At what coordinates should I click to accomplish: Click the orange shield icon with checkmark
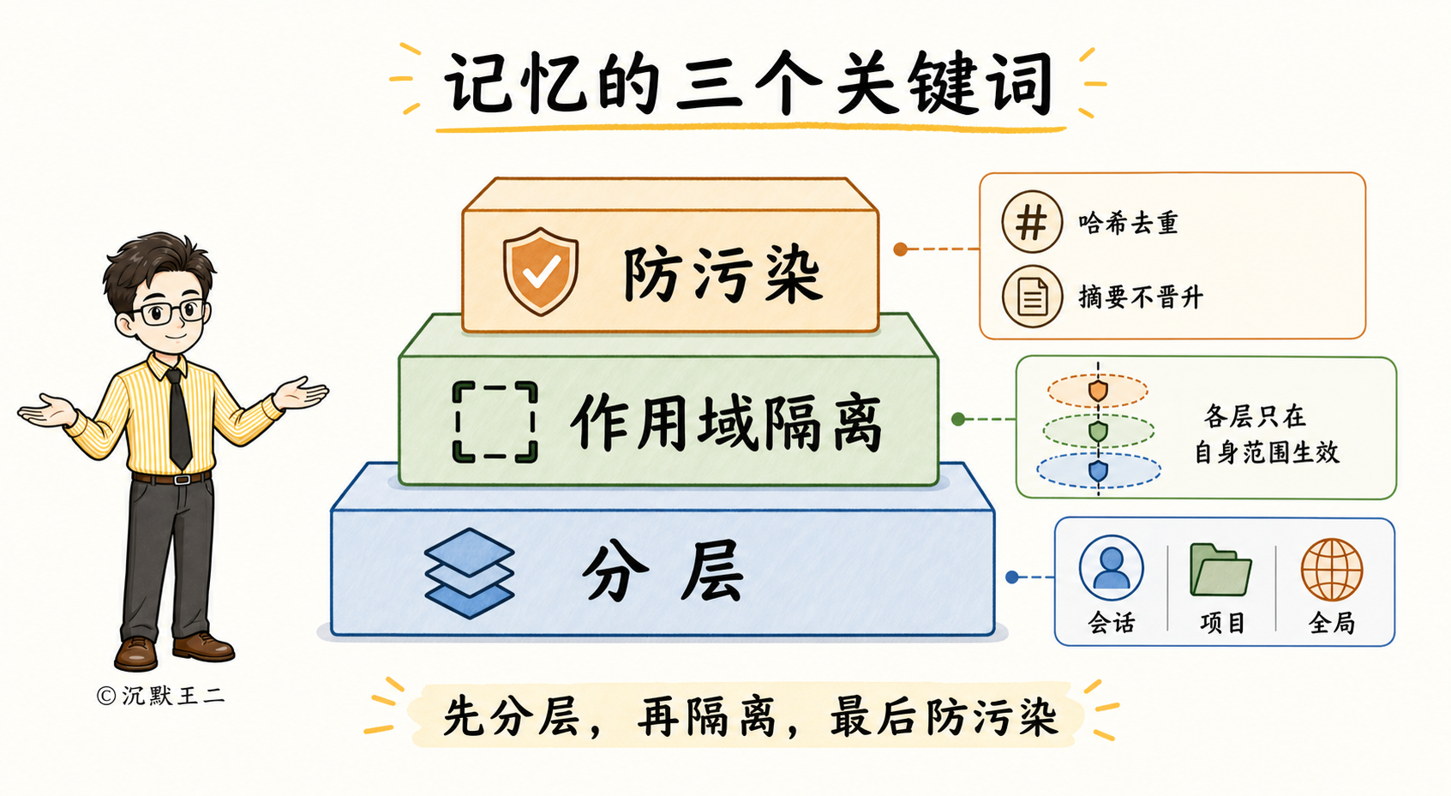pos(540,272)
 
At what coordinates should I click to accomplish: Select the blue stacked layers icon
pos(469,573)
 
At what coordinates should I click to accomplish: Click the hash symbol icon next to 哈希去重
pos(1031,222)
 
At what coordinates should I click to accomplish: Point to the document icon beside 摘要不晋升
pos(1032,296)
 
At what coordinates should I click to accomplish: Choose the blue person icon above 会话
pos(1111,568)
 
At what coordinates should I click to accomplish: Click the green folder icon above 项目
pos(1220,570)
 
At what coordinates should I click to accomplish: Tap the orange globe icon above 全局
pos(1332,570)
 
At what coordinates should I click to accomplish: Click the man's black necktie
pos(178,418)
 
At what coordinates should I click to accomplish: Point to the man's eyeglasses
pos(170,313)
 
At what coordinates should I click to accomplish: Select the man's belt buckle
pos(182,480)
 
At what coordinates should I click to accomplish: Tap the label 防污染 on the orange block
pos(723,275)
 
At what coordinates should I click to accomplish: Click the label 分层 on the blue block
pos(662,572)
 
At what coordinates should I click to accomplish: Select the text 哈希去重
pos(1128,223)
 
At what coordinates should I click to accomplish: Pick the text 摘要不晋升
pos(1141,297)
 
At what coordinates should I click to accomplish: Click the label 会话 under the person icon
pos(1112,623)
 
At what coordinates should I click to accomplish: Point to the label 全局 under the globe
pos(1332,623)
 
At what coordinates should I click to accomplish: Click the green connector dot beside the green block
pos(958,419)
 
